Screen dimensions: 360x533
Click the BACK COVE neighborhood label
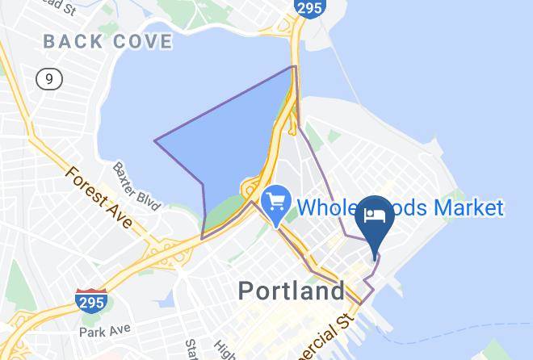tap(107, 41)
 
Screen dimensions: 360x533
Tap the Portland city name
tap(292, 291)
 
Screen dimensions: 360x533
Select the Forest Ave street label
tap(97, 196)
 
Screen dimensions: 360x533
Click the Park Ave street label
tap(104, 332)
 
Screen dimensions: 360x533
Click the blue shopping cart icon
tap(276, 199)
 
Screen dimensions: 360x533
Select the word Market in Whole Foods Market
tap(469, 207)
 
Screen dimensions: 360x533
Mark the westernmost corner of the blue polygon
tap(155, 141)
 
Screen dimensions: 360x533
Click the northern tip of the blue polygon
tap(293, 66)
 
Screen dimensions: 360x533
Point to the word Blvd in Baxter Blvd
tap(148, 196)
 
